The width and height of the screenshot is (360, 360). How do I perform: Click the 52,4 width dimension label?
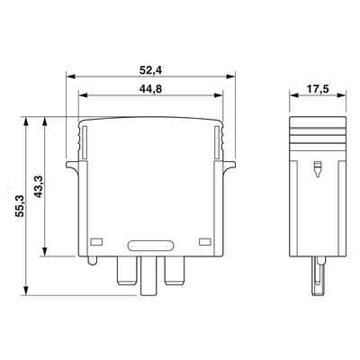[150, 70]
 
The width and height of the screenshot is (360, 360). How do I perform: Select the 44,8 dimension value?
[150, 89]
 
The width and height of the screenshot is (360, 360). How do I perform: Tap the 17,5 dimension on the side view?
[318, 89]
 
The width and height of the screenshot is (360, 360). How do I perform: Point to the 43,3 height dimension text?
[39, 186]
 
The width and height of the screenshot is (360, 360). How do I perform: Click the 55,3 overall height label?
[20, 206]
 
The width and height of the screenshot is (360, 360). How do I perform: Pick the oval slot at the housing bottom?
[150, 246]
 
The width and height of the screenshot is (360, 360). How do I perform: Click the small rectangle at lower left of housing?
[96, 242]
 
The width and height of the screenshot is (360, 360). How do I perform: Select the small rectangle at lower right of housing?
[205, 242]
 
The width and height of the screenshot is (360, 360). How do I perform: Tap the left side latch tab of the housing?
[72, 166]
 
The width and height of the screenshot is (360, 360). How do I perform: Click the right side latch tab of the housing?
[229, 166]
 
